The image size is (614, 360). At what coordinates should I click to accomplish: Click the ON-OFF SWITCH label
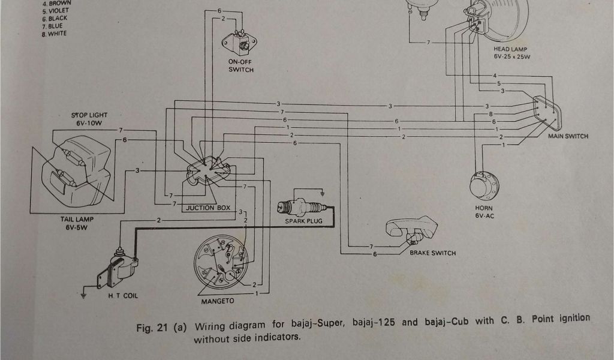240,65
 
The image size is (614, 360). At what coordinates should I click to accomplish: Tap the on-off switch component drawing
239,43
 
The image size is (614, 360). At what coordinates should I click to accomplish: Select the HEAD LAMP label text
510,49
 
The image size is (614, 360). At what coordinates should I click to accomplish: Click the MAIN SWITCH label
568,136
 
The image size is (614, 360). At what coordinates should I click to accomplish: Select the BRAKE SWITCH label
432,253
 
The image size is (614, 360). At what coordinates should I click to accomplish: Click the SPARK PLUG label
304,221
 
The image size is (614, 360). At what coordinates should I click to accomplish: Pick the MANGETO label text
218,300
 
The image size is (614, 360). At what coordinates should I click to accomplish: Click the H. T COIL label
123,296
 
